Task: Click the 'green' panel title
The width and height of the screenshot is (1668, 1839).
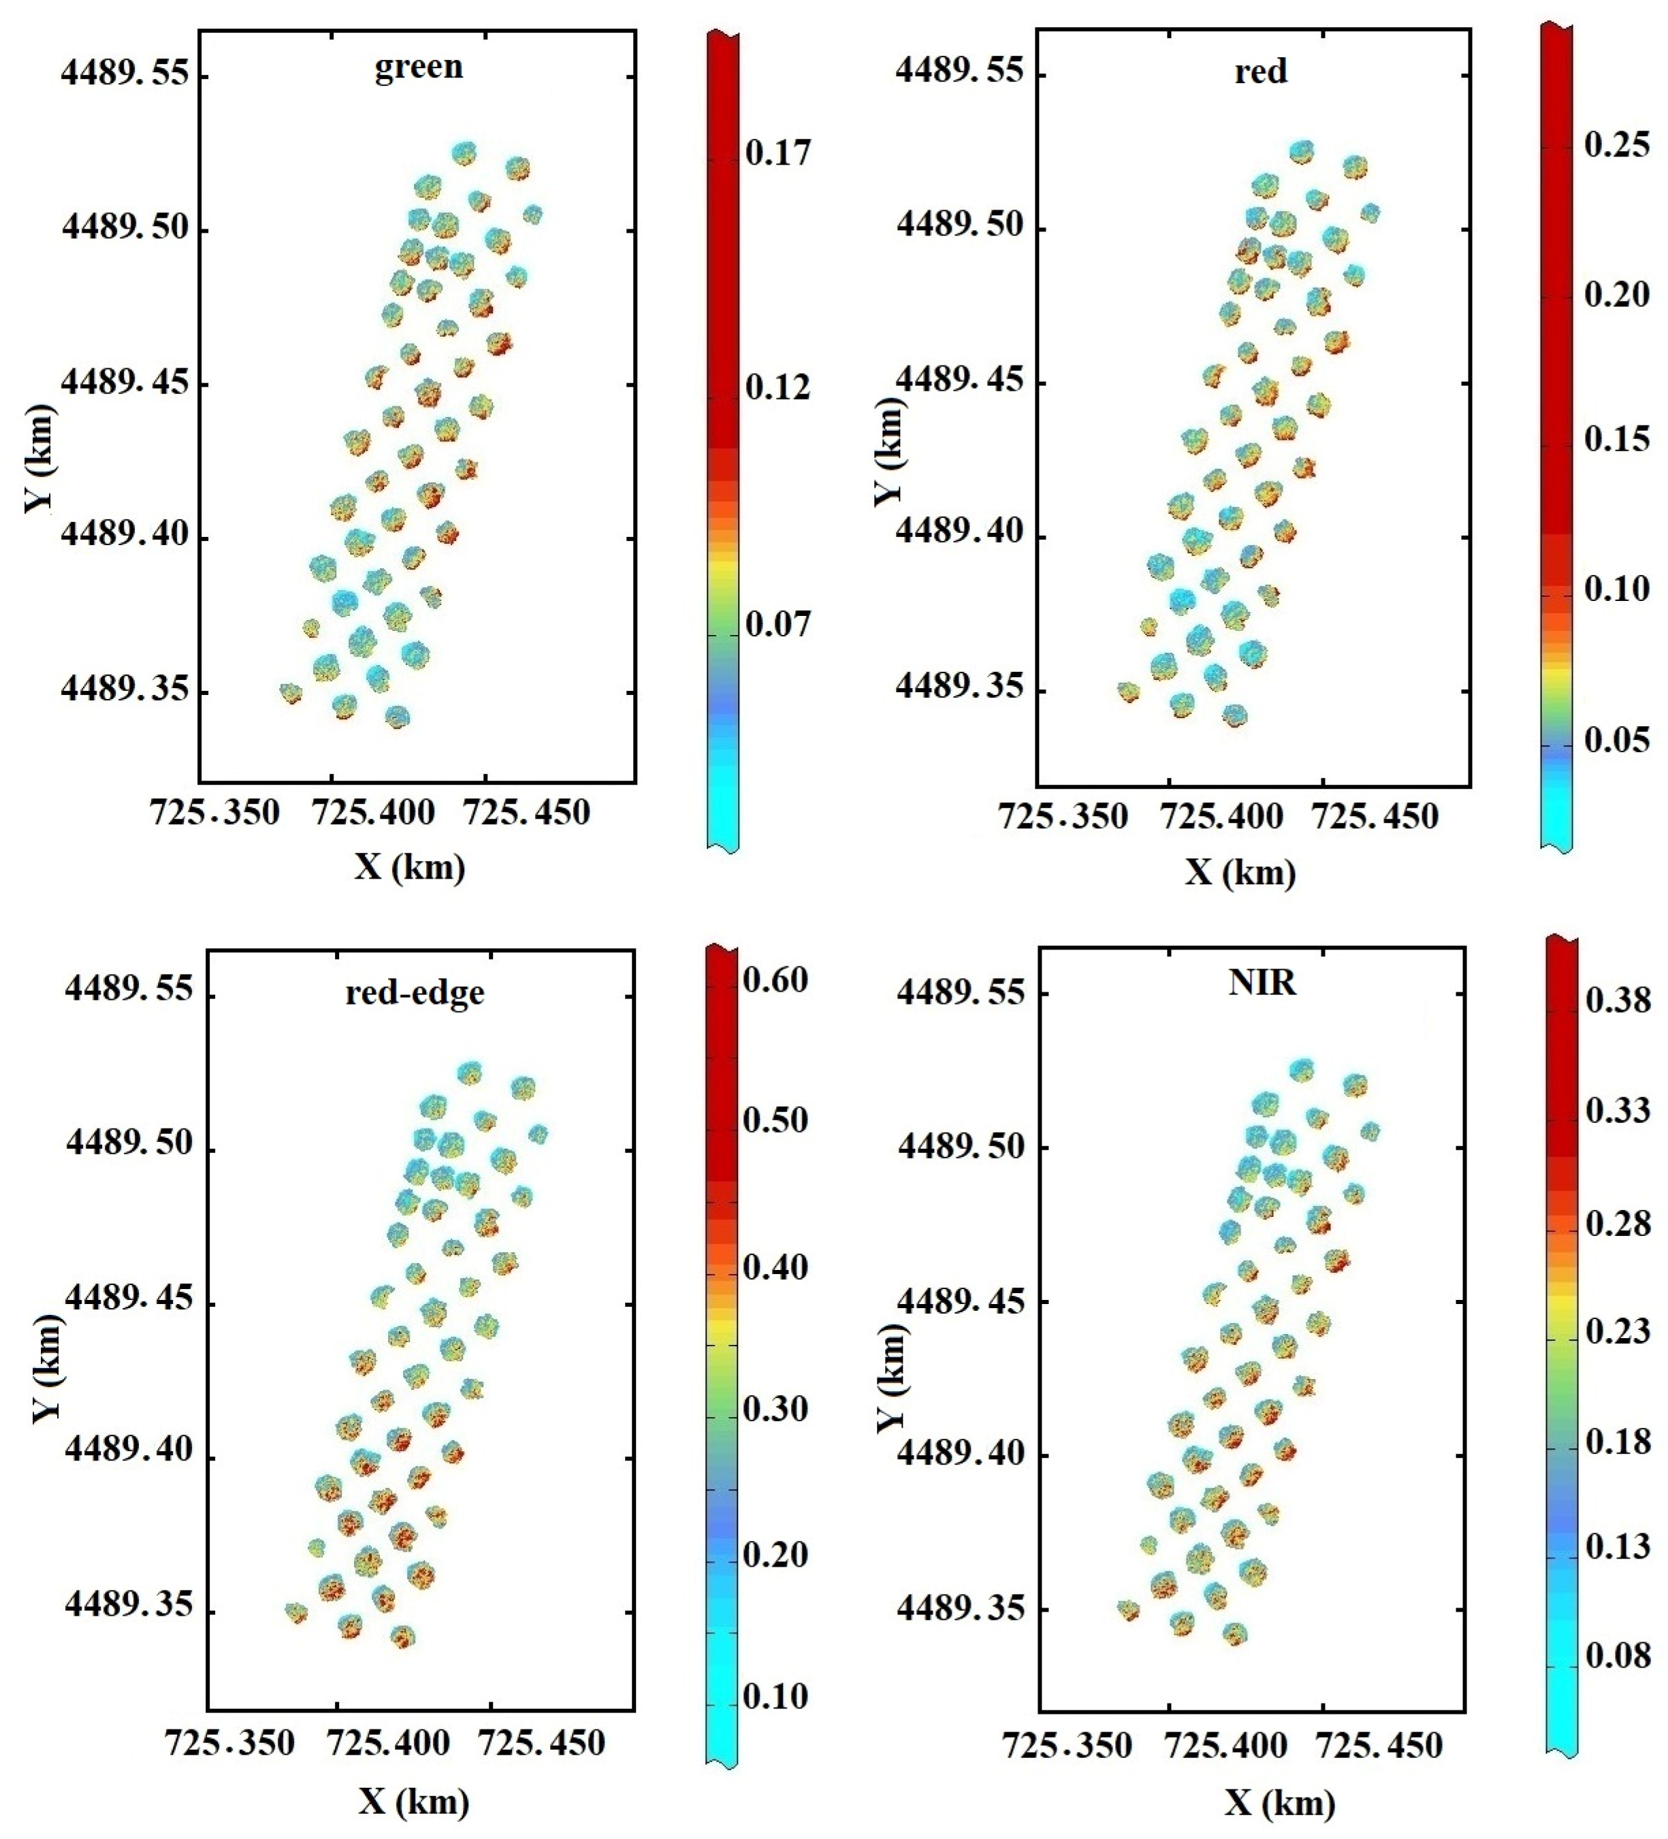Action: tap(418, 67)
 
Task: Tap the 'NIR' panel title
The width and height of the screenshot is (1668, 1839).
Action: tap(1262, 982)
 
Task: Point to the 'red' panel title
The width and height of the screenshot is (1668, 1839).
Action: tap(1260, 70)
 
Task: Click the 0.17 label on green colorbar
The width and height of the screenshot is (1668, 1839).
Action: tap(777, 152)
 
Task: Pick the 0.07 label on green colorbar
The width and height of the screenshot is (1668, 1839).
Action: tap(777, 625)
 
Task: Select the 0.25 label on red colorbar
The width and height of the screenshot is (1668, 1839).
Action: tap(1617, 144)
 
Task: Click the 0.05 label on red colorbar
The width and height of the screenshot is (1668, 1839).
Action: tap(1617, 741)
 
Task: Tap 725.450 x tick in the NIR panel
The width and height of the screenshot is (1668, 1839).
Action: tap(1379, 1745)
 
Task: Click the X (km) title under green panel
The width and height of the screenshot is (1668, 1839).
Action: tap(410, 866)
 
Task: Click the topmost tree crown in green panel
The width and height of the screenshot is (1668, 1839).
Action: tap(464, 152)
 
